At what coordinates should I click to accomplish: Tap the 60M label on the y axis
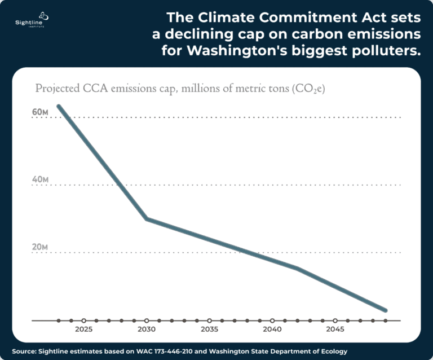pyautogui.click(x=40, y=112)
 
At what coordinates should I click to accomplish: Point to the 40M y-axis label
pyautogui.click(x=40, y=180)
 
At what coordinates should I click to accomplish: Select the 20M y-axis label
pyautogui.click(x=40, y=248)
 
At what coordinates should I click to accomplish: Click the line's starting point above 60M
pyautogui.click(x=59, y=106)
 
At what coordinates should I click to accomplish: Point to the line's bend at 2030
pyautogui.click(x=147, y=218)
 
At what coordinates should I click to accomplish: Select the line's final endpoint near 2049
pyautogui.click(x=385, y=310)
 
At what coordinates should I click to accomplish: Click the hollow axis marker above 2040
pyautogui.click(x=272, y=321)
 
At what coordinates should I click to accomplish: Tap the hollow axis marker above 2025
pyautogui.click(x=83, y=321)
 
